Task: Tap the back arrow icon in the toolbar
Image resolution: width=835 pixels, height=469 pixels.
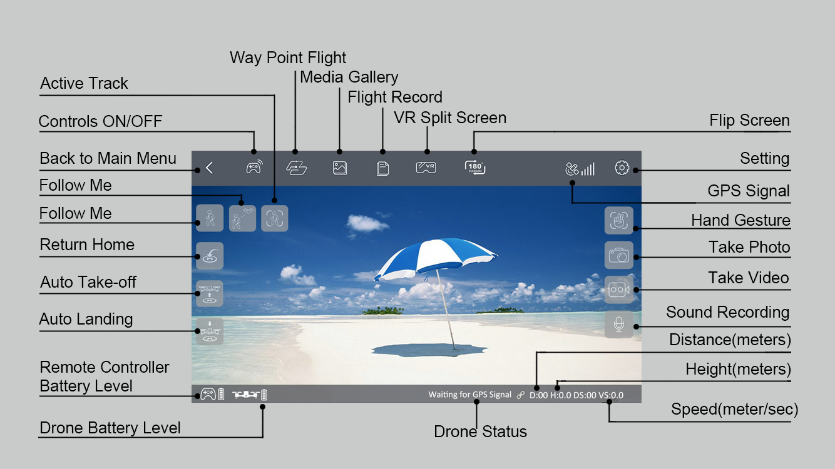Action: [210, 168]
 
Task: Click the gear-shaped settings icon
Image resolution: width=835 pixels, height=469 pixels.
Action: [622, 168]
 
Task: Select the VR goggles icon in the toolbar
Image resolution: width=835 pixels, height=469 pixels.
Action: [426, 168]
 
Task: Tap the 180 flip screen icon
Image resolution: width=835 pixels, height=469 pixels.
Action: [475, 168]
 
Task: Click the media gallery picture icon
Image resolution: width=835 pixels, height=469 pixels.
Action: [340, 168]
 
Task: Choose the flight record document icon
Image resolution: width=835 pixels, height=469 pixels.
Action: [382, 168]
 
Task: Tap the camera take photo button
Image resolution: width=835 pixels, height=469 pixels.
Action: [619, 255]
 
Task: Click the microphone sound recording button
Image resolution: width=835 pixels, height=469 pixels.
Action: [619, 325]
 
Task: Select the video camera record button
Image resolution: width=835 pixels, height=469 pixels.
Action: [619, 290]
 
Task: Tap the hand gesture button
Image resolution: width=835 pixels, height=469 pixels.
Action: [619, 220]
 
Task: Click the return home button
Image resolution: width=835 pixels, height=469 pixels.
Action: [210, 256]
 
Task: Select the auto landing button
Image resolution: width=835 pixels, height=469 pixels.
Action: [210, 331]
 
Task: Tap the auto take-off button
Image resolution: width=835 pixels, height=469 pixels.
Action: [210, 293]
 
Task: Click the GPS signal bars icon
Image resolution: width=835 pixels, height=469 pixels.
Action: [580, 169]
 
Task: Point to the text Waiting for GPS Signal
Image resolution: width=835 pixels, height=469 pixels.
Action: [469, 395]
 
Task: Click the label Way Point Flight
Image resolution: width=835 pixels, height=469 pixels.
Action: [288, 58]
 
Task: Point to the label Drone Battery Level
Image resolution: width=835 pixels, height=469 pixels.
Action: [110, 428]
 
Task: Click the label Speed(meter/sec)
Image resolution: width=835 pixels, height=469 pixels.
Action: [734, 410]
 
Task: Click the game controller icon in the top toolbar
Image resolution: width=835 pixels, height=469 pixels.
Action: [254, 168]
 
